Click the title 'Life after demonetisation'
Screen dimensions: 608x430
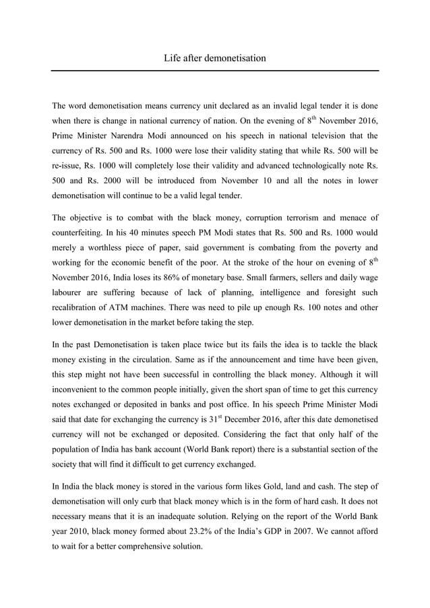click(214, 58)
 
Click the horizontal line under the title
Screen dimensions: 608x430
click(214, 70)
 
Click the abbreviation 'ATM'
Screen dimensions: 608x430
click(123, 306)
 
